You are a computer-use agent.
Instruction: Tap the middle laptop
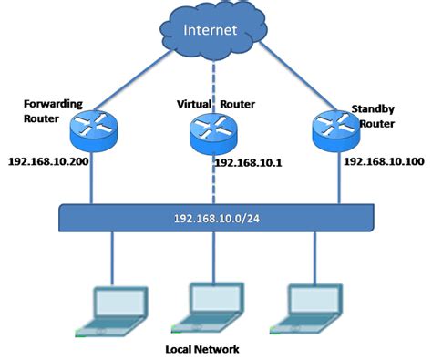(215, 305)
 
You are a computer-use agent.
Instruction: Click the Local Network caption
(216, 349)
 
